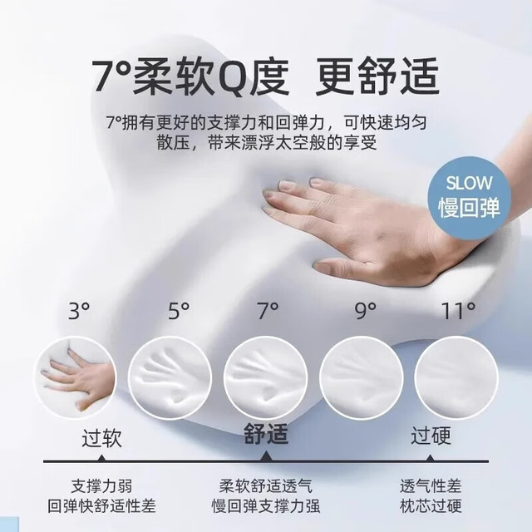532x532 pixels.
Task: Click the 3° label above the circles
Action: tap(79, 311)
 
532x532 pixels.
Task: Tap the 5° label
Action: tap(179, 311)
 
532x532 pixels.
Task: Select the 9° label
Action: tap(366, 311)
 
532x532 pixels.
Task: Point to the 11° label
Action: tap(458, 311)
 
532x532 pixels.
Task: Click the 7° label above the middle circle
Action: tap(268, 311)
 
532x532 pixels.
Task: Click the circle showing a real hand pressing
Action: tap(76, 377)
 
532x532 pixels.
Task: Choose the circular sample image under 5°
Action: tap(170, 377)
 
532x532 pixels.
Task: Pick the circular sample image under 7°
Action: tap(266, 377)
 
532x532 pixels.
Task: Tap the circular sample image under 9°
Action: tap(362, 377)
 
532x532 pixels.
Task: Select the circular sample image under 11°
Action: tap(456, 377)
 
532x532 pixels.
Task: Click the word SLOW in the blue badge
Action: tap(469, 183)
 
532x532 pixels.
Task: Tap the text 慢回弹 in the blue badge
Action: tap(469, 207)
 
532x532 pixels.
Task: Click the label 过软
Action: tap(101, 438)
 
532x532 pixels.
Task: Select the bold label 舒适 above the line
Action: tap(266, 434)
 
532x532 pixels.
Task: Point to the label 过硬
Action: tap(431, 436)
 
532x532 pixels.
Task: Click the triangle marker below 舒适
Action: tap(266, 457)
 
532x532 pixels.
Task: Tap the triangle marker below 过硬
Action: tap(431, 458)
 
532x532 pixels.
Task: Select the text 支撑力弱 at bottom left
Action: tap(101, 485)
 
